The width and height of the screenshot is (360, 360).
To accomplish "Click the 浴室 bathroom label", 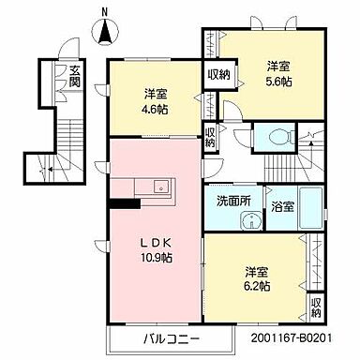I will (282, 205).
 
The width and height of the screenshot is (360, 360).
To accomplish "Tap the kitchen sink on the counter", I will (159, 185).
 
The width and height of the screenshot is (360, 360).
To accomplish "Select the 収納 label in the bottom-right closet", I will (317, 307).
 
